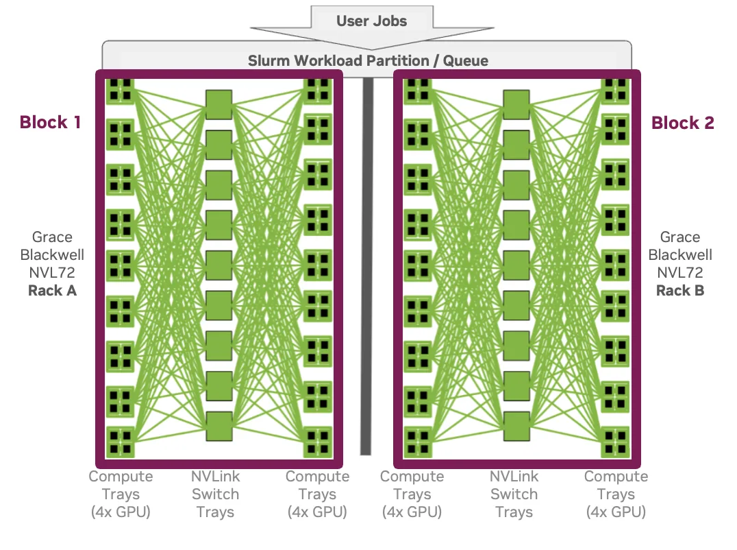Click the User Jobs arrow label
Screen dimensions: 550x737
(x=371, y=21)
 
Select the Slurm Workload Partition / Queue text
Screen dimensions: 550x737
(x=368, y=60)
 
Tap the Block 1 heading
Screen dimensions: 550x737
(x=50, y=122)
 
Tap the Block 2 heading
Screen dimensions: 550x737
(x=682, y=122)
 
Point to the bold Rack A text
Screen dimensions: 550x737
(x=52, y=290)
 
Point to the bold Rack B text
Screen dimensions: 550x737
(x=680, y=290)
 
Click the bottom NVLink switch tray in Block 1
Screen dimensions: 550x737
(x=219, y=426)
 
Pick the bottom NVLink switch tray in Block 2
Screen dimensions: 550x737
(x=516, y=426)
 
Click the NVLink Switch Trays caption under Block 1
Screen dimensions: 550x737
(x=216, y=494)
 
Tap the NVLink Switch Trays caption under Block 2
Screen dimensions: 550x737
(x=514, y=494)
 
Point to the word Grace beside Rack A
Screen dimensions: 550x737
(x=52, y=237)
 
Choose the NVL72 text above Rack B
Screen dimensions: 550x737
(x=680, y=272)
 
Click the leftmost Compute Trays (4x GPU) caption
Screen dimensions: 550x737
(x=121, y=494)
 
